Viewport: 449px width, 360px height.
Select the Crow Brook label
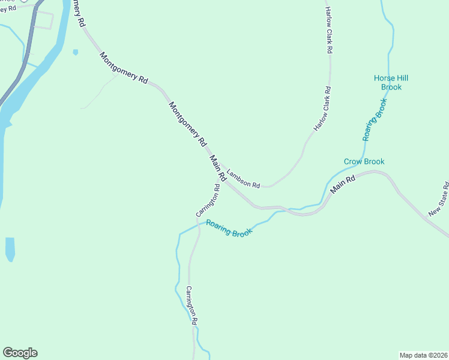pos(364,161)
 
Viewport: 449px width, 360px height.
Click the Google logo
pos(20,353)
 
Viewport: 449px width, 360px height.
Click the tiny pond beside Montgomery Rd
pos(75,52)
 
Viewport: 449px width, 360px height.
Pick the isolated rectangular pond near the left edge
pos(10,248)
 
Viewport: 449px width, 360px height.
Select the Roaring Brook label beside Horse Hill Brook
pos(375,119)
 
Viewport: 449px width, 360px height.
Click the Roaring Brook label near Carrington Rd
pos(229,227)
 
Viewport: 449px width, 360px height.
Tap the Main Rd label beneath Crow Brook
pos(343,184)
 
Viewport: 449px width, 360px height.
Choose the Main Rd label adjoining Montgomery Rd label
pos(217,168)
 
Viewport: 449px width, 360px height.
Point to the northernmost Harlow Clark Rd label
pos(328,30)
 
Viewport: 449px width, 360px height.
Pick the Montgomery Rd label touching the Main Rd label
pos(187,124)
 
